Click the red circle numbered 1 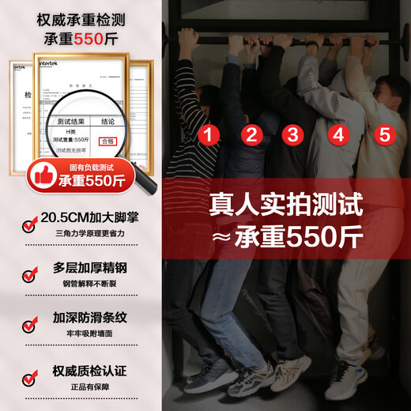(x=209, y=134)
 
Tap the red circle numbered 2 (x=251, y=134)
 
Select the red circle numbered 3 (x=293, y=134)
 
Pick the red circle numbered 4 (x=338, y=134)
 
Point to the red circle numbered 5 (x=385, y=134)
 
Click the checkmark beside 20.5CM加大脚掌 (x=29, y=226)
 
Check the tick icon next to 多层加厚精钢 (x=29, y=275)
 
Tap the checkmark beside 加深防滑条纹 (x=29, y=324)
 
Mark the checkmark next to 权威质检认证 (x=29, y=373)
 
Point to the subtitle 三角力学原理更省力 (x=90, y=235)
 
